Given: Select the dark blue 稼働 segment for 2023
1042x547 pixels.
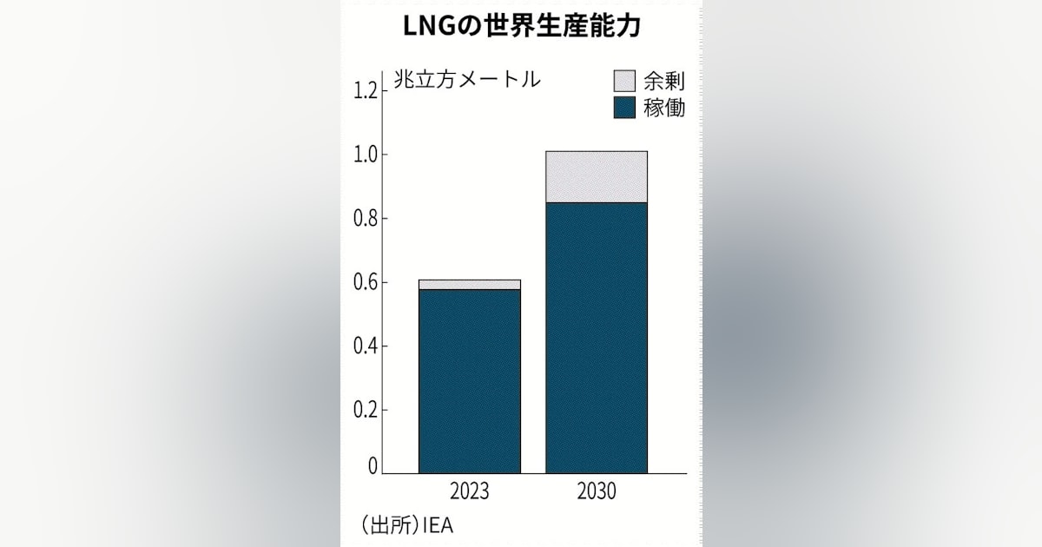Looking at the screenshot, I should tap(469, 381).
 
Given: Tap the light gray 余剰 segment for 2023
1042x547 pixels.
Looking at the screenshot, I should tap(469, 285).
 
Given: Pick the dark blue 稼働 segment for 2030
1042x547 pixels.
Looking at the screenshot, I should tap(596, 338).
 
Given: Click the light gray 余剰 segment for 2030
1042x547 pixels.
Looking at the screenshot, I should tap(596, 177).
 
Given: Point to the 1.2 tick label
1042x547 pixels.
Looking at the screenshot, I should tap(366, 90).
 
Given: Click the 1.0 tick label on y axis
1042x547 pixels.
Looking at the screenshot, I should tap(366, 155).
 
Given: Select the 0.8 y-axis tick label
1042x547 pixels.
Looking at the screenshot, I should tap(366, 219).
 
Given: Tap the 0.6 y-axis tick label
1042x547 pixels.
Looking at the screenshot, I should tap(366, 283).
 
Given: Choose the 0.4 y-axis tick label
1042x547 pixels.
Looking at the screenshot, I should tap(366, 346).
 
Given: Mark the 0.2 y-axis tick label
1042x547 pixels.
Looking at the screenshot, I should tap(366, 411).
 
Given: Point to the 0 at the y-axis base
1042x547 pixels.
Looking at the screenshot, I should tap(373, 466).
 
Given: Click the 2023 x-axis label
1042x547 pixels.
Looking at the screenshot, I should tap(469, 492).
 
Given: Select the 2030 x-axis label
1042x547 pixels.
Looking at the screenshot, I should tap(596, 492).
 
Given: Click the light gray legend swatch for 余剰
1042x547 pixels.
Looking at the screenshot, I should tap(624, 82).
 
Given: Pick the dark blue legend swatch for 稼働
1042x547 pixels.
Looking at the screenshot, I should tap(624, 109).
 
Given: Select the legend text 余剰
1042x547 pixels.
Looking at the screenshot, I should tap(664, 82).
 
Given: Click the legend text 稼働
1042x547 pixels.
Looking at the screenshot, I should tap(664, 109).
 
